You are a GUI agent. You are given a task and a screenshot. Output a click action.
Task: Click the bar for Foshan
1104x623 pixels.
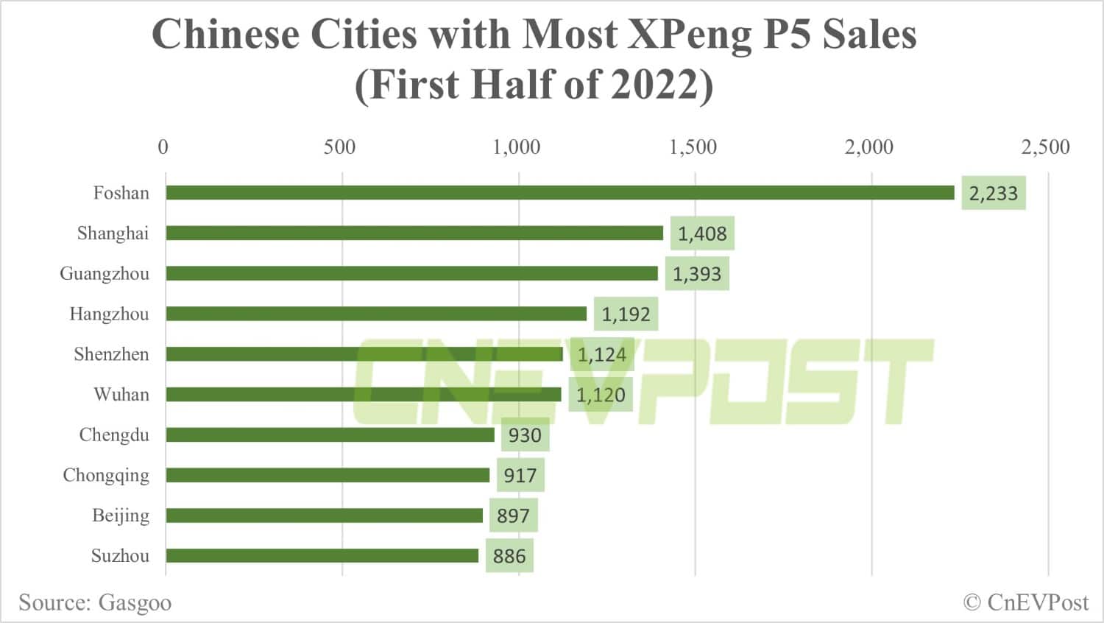click(559, 193)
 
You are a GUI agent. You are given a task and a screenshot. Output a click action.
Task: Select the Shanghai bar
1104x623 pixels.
click(414, 233)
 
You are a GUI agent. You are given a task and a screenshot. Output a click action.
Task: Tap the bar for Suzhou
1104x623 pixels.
click(322, 556)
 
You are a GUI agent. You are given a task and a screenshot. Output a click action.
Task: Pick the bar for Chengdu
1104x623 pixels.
click(330, 435)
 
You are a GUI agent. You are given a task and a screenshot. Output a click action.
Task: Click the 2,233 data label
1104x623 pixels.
click(993, 194)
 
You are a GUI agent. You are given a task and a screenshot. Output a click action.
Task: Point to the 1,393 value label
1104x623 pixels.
click(697, 274)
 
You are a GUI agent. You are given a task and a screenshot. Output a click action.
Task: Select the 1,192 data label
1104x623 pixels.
click(626, 314)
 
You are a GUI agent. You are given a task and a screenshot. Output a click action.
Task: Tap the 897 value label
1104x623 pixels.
click(513, 515)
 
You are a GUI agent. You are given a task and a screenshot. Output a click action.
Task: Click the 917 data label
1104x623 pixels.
click(520, 476)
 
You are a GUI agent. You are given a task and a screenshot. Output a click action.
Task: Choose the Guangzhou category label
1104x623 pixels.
click(105, 274)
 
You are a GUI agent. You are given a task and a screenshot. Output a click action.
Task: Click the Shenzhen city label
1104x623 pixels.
click(111, 354)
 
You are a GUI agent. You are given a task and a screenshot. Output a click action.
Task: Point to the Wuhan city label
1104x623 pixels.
click(121, 395)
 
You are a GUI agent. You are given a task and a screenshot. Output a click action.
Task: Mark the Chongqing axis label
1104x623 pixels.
click(106, 476)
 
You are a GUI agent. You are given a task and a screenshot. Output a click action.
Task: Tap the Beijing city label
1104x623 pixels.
click(121, 515)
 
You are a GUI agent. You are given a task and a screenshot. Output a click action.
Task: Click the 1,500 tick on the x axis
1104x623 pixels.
click(693, 147)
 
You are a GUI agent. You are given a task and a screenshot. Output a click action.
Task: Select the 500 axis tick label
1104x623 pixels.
click(339, 147)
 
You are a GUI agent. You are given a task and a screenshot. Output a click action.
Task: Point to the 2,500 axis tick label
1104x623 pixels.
click(1045, 147)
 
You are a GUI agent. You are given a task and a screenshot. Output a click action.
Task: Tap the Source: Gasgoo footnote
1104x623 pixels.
click(95, 603)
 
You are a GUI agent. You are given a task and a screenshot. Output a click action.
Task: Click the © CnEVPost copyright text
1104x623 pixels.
click(1025, 602)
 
